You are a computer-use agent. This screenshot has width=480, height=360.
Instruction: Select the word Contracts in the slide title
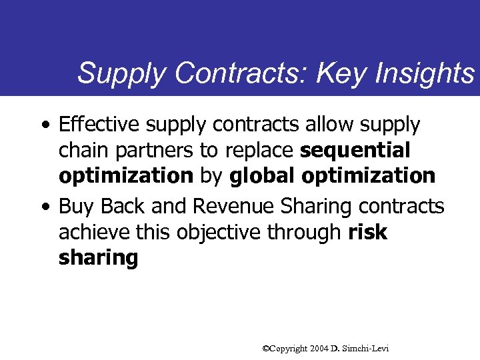pos(239,73)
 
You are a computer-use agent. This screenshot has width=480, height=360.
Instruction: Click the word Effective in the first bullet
pos(97,125)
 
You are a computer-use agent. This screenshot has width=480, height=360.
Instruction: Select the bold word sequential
pos(355,151)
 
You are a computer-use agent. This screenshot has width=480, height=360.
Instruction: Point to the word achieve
pos(90,232)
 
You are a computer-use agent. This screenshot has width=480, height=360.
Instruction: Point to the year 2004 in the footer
pos(319,348)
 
